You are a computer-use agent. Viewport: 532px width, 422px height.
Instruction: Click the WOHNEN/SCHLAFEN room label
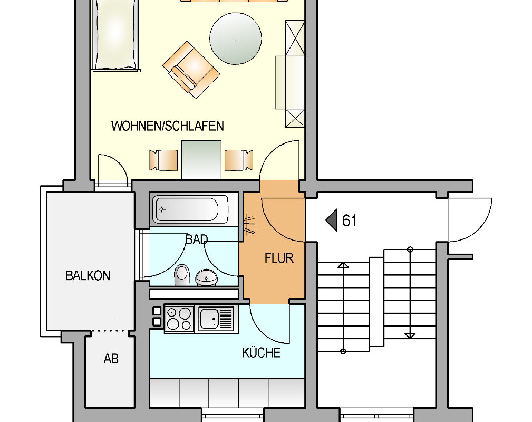[x=168, y=126]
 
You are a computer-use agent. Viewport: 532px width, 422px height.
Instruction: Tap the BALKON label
[x=88, y=275]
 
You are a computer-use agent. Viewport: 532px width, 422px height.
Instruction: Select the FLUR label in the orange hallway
[x=279, y=258]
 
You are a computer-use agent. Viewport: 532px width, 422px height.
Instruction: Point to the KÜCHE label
[x=261, y=352]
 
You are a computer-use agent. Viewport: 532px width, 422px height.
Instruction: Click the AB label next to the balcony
[x=111, y=359]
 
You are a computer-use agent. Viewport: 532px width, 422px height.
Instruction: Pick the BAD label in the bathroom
[x=197, y=239]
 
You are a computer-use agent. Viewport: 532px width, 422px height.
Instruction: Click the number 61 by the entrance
[x=349, y=220]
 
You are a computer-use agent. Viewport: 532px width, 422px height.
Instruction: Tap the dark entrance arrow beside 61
[x=332, y=220]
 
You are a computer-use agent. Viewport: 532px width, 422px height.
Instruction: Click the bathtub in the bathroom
[x=190, y=209]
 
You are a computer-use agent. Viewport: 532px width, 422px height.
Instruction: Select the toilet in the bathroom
[x=182, y=275]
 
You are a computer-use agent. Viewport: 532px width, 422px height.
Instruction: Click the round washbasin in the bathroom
[x=206, y=277]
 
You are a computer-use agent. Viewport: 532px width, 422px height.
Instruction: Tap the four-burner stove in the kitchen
[x=179, y=319]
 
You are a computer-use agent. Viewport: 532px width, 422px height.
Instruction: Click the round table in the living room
[x=236, y=39]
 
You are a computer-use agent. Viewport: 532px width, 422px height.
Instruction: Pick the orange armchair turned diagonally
[x=191, y=70]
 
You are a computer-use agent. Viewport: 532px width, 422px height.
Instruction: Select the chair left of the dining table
[x=164, y=160]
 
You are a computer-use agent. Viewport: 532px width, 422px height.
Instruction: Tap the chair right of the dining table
[x=239, y=160]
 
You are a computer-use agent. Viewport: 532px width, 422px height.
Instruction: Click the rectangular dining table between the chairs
[x=201, y=159]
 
